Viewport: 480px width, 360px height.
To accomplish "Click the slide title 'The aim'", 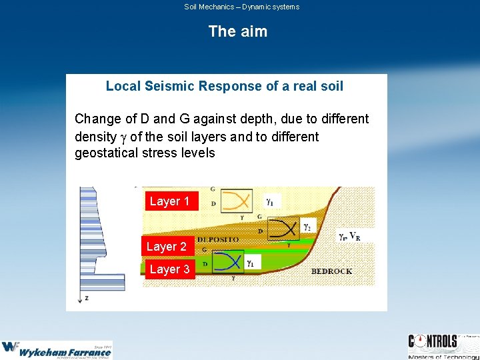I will tap(237, 31).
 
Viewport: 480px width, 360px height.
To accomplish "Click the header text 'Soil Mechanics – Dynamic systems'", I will tap(241, 7).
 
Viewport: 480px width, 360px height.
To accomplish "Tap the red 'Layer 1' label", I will tap(169, 201).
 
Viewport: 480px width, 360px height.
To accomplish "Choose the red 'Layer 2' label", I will tap(167, 247).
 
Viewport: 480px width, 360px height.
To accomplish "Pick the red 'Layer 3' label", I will tap(169, 269).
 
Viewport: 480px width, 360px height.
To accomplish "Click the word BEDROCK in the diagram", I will tap(331, 271).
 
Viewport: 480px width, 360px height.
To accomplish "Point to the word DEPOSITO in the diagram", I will tap(217, 239).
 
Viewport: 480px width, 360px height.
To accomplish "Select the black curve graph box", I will tap(283, 229).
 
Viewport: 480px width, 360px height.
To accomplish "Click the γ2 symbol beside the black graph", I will tap(307, 227).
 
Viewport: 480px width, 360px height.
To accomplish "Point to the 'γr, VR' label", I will tap(349, 236).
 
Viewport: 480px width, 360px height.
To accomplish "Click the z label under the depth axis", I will tap(86, 298).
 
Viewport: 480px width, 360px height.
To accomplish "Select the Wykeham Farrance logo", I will tap(57, 349).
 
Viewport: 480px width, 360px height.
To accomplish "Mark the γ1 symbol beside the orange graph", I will tap(269, 200).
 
